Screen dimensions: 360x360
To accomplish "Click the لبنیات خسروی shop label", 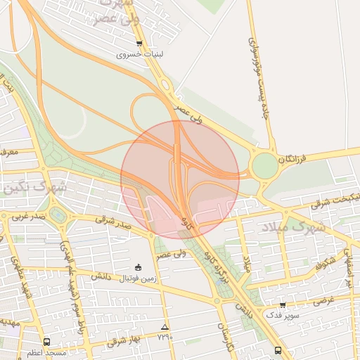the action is tap(139, 53).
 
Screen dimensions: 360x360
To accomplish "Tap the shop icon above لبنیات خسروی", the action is tap(139, 44).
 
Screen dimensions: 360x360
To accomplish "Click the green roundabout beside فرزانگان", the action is tap(264, 167).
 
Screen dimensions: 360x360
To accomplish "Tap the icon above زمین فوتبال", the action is tap(138, 267).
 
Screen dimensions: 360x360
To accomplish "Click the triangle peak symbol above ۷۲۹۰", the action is tap(165, 327).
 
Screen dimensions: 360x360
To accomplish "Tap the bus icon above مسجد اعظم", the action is tap(46, 342).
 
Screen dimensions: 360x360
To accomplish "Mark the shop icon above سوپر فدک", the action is tap(283, 304).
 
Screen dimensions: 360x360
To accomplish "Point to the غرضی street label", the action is tap(321, 300).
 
